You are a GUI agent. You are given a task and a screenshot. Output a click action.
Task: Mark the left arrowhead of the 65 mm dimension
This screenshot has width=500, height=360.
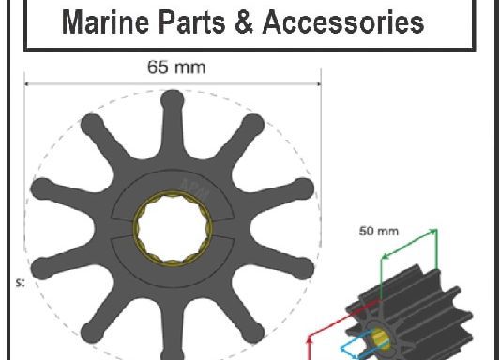click(27, 83)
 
